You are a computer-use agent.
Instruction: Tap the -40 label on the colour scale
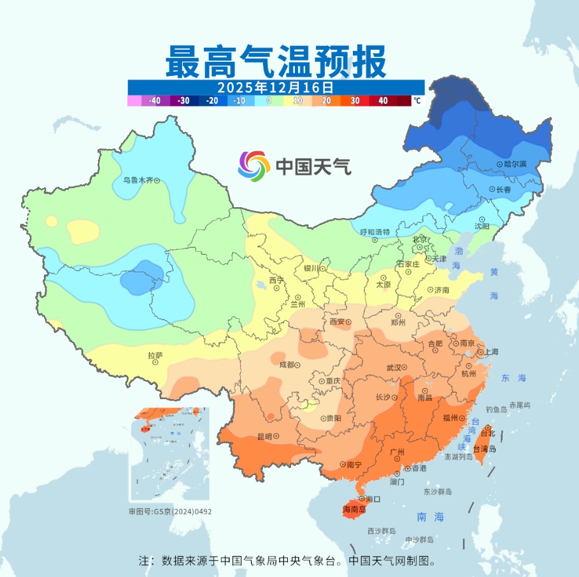[x=154, y=101]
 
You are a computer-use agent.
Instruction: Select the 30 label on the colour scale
[x=355, y=101]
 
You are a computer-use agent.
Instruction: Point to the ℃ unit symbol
[x=417, y=101]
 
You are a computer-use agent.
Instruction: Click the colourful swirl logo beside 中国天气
[x=254, y=166]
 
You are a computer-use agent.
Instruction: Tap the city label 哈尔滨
[x=515, y=164]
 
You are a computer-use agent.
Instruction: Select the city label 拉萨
[x=155, y=356]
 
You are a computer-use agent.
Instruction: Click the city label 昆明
[x=264, y=437]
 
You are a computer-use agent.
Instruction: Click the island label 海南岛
[x=354, y=509]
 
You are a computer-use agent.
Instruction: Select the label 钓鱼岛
[x=496, y=409]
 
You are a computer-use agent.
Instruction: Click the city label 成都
[x=287, y=365]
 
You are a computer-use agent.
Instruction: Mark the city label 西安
[x=337, y=322]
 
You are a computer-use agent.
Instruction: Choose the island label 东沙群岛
[x=438, y=492]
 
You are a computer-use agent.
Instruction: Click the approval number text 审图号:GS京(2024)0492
[x=170, y=511]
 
